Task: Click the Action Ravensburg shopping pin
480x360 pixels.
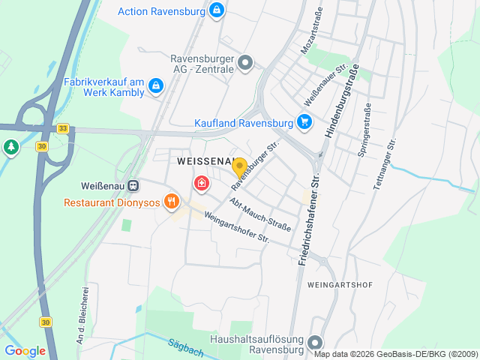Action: [x=217, y=10]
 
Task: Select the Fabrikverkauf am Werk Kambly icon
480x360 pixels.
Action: [x=155, y=85]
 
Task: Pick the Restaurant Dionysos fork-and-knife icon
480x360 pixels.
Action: [x=172, y=202]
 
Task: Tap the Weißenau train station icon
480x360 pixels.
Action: [x=133, y=185]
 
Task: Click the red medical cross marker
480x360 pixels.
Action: [x=201, y=183]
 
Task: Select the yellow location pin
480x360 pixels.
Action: [x=239, y=168]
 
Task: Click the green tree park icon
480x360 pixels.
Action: [x=10, y=147]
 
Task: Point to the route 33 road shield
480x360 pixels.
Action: [x=63, y=128]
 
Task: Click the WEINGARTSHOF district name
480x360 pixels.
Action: [x=340, y=285]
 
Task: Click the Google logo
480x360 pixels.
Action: [x=25, y=350]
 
